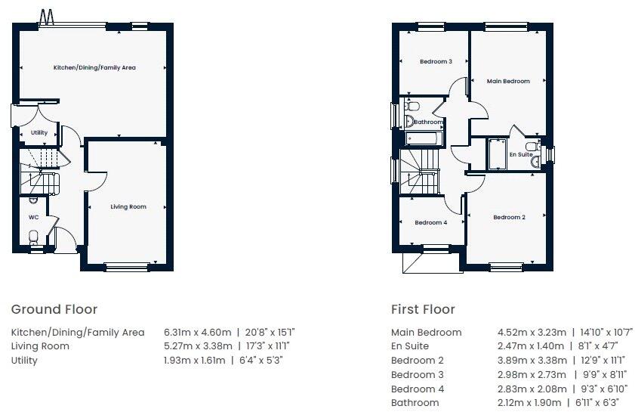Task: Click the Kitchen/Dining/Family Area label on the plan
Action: (94, 68)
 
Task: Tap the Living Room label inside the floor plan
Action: (128, 206)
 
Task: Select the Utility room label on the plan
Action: (39, 133)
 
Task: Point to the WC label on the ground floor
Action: (33, 217)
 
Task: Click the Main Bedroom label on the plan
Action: (508, 81)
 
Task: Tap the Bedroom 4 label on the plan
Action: (430, 222)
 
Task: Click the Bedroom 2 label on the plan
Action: (509, 218)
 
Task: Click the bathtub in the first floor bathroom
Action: (426, 138)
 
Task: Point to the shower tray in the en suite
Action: (496, 154)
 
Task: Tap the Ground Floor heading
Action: (54, 309)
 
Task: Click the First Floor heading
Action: (423, 309)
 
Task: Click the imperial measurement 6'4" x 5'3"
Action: (262, 361)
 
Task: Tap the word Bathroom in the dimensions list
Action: (415, 403)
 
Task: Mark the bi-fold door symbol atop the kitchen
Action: (47, 16)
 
